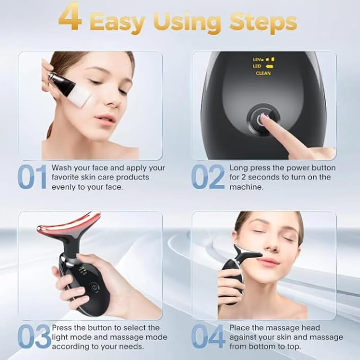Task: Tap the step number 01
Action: (x=32, y=177)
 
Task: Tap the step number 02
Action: (x=207, y=177)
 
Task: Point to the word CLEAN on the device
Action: (x=264, y=73)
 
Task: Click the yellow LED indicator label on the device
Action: (x=258, y=66)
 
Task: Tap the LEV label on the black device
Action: (x=258, y=59)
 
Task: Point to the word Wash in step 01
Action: (x=62, y=168)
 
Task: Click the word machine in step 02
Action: (x=247, y=187)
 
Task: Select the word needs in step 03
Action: (x=133, y=346)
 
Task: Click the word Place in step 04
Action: (x=240, y=328)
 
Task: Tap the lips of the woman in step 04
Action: (x=269, y=262)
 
